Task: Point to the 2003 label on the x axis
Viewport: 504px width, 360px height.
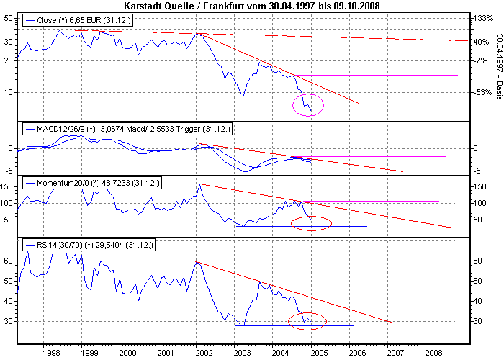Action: click(241, 354)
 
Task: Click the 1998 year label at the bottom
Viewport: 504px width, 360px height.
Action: click(50, 354)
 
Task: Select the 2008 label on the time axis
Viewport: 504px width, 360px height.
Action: click(433, 354)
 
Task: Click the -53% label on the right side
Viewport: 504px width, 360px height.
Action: click(482, 92)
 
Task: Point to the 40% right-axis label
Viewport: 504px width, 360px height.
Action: click(482, 42)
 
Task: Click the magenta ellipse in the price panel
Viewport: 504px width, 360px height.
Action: click(309, 105)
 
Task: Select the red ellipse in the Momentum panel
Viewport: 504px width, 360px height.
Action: click(311, 223)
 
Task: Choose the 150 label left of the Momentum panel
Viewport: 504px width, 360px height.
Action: click(8, 186)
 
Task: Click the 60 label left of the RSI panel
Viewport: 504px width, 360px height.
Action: click(9, 261)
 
